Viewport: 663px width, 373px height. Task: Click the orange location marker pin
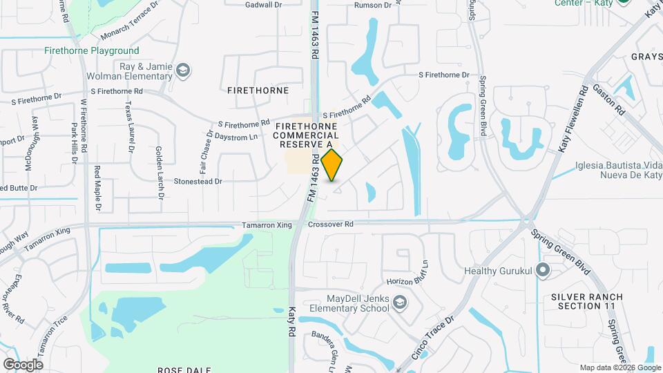pos(332,164)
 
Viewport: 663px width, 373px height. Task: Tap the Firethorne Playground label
pos(91,50)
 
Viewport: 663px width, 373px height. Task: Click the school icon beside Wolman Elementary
pos(183,70)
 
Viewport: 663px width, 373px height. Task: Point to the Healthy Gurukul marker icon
pos(543,271)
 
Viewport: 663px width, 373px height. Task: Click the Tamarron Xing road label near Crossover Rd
pos(264,225)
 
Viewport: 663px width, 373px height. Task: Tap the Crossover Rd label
pos(330,224)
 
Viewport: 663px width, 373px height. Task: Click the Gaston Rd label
pos(611,99)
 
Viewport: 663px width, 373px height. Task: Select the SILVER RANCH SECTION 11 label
pos(586,301)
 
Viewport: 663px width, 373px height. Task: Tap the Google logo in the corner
pos(23,364)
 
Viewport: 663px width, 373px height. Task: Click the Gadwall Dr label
pos(265,4)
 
